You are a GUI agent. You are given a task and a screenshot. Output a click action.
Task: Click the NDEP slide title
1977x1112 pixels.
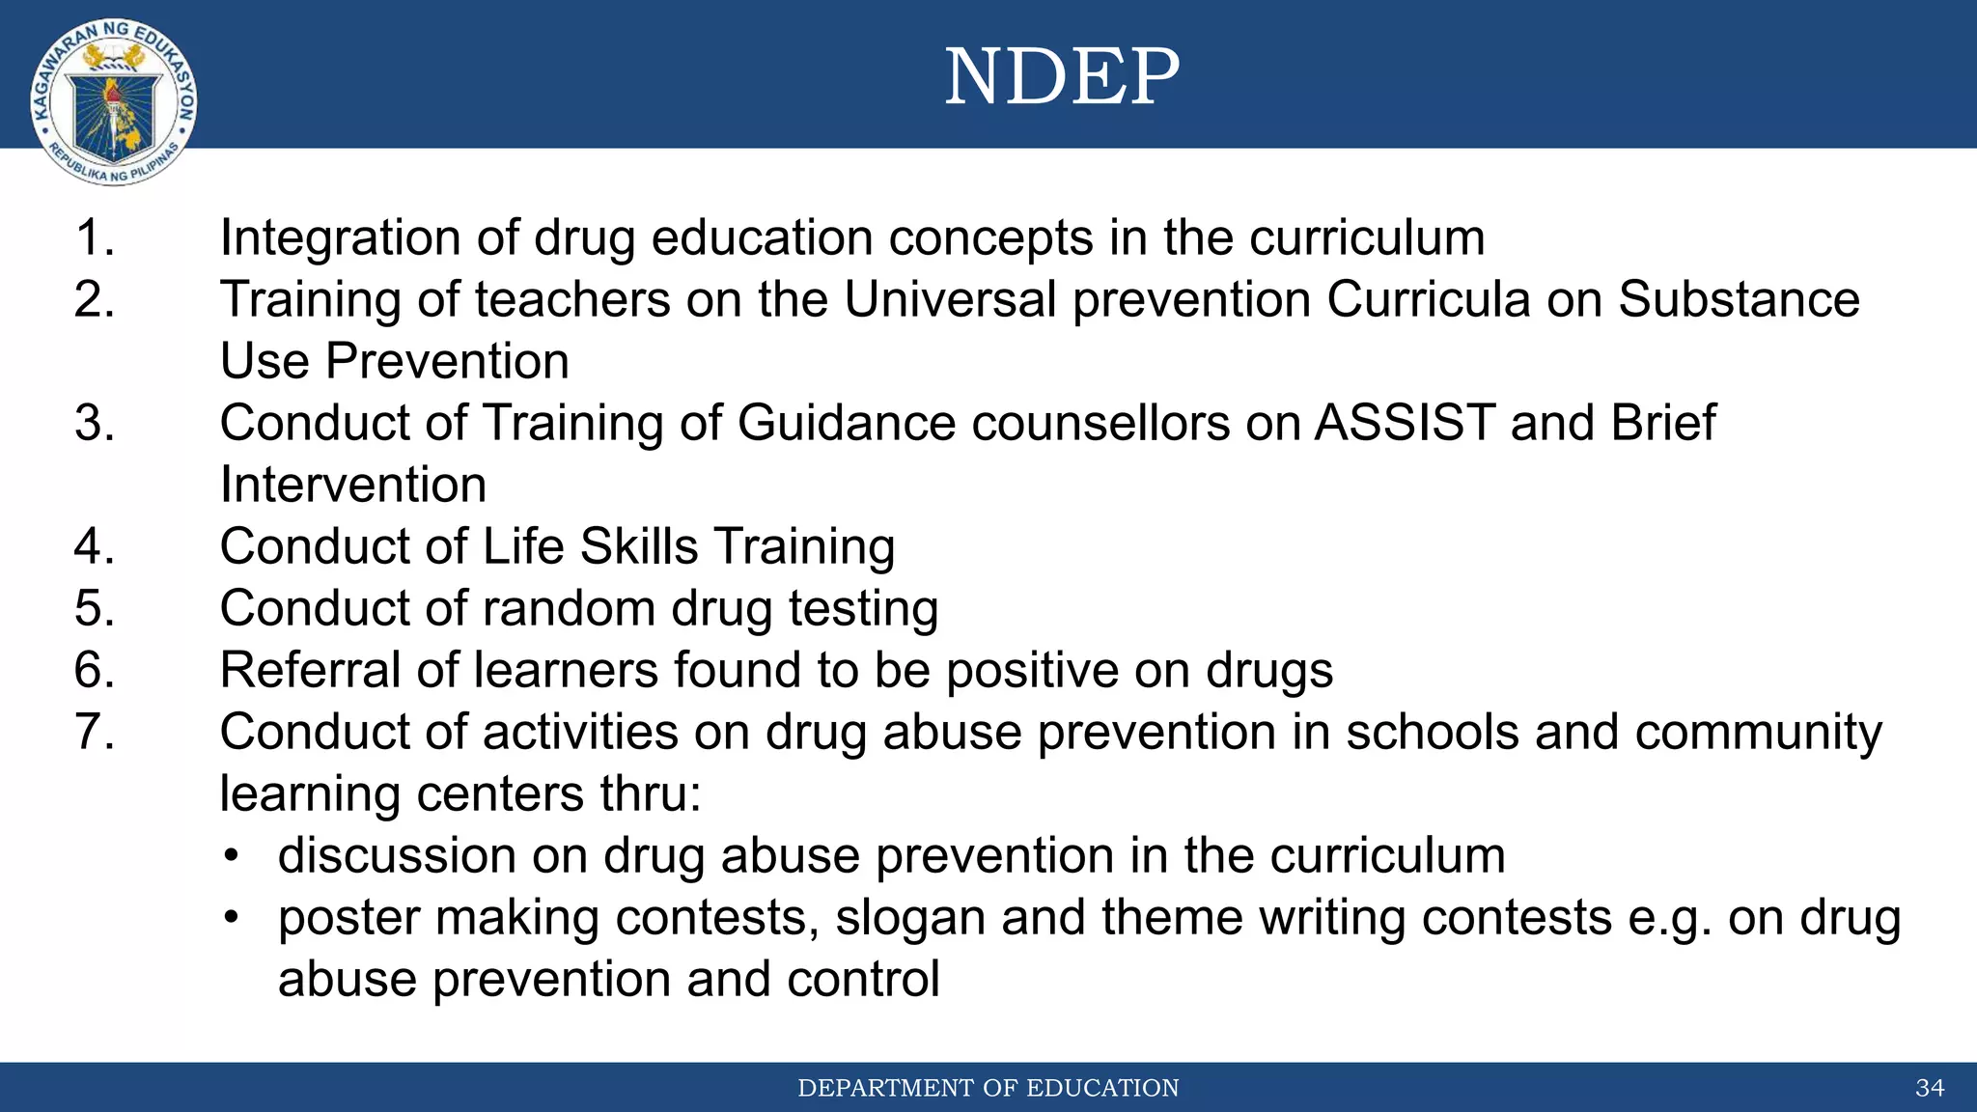(1062, 77)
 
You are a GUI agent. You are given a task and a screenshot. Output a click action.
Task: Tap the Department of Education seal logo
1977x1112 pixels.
(114, 102)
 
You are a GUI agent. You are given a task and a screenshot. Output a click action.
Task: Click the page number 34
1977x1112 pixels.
(1930, 1089)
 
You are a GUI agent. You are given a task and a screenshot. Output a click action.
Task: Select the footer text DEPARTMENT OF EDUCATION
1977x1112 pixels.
(988, 1089)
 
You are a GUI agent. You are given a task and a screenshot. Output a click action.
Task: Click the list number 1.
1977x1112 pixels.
(95, 237)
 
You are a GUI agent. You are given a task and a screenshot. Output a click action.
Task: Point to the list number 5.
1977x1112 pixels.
(95, 608)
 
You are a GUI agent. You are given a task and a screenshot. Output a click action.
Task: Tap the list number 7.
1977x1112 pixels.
(95, 732)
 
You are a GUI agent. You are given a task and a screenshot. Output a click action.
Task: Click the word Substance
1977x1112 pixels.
(1739, 299)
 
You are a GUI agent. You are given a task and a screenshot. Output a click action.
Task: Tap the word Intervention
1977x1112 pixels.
(353, 485)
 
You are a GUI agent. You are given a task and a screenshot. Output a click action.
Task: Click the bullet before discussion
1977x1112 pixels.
(230, 857)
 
